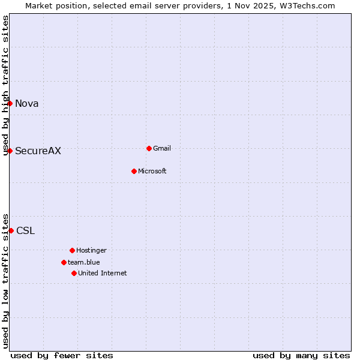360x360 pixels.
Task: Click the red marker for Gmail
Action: coord(149,148)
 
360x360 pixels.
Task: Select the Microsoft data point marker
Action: coord(134,171)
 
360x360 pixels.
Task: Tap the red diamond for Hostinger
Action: coord(72,250)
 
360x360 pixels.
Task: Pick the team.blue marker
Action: coord(64,262)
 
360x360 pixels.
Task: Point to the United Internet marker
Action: coord(74,273)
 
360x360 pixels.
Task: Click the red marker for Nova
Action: coord(10,103)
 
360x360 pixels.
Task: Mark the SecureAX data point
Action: coord(10,151)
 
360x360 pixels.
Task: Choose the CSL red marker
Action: coord(11,230)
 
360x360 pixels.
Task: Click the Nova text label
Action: coord(27,103)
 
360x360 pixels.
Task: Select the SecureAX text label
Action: coord(38,151)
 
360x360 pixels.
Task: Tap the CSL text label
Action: coord(26,230)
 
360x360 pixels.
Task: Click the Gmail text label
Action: coord(162,148)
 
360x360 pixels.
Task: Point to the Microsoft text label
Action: coord(152,171)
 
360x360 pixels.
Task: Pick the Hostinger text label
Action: coord(91,250)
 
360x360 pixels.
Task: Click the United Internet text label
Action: coord(103,273)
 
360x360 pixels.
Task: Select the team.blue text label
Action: coord(84,262)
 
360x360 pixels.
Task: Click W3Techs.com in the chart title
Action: coord(306,5)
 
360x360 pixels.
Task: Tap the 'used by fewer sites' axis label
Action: coord(62,355)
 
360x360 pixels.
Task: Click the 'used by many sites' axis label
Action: coord(301,355)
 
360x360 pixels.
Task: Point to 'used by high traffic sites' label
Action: coord(5,85)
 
